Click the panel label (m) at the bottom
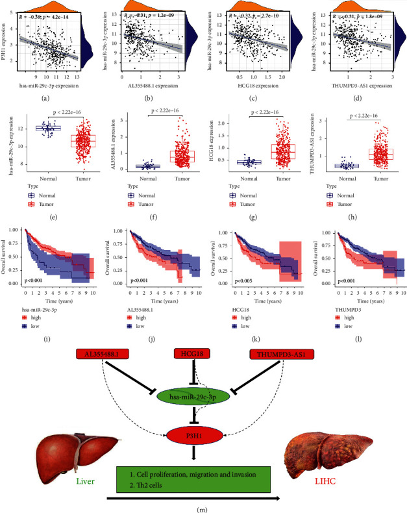click(203, 508)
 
